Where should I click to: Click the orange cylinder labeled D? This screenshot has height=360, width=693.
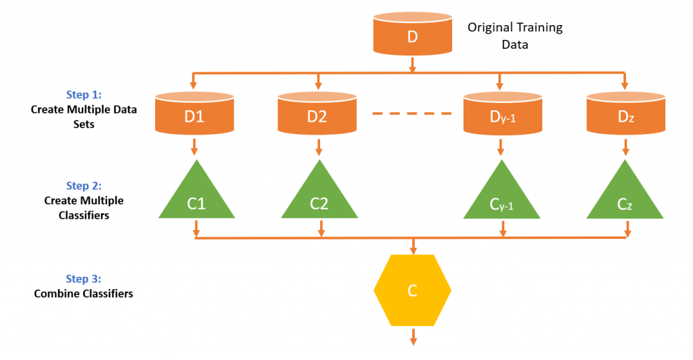point(413,34)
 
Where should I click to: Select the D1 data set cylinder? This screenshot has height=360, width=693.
point(194,113)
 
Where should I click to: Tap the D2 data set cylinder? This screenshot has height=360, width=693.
point(317,113)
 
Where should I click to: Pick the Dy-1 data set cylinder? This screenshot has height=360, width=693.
point(501,113)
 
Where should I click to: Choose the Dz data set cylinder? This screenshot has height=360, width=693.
point(625,113)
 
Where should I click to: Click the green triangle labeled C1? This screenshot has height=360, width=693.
point(196,196)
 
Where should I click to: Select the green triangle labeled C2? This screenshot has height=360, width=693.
point(319,196)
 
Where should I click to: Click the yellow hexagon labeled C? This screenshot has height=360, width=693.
point(412,291)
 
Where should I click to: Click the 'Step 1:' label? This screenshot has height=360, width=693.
point(83,95)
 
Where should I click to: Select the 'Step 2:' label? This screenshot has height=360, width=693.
point(83,185)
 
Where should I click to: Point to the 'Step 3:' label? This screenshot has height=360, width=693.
point(83,279)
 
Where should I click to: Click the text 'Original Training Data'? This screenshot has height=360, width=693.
point(515,37)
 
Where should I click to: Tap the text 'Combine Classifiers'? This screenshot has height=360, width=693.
point(83,294)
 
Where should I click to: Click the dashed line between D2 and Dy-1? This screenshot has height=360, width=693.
point(411,113)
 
